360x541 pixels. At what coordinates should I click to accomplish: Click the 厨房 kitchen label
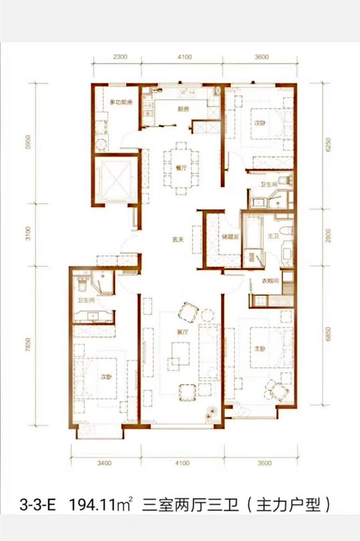click(183, 110)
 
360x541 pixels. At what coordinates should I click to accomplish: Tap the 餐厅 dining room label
click(181, 168)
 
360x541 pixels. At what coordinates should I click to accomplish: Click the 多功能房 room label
click(121, 102)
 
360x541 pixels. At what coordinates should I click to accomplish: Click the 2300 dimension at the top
click(120, 57)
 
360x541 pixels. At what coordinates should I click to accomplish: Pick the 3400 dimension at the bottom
click(104, 463)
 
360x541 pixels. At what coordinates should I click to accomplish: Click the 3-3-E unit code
click(37, 506)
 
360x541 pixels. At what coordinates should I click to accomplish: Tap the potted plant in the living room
click(210, 413)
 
